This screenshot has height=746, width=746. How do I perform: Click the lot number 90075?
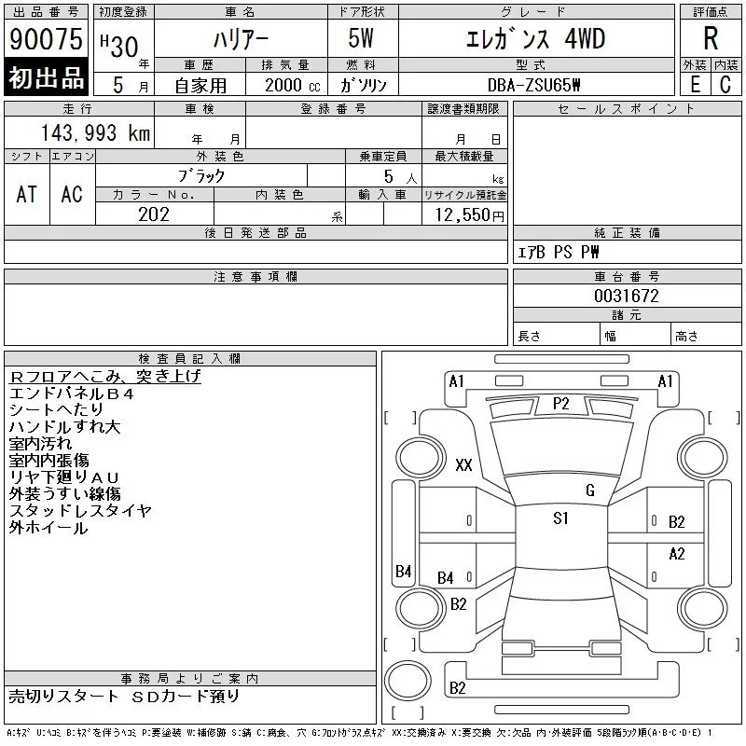point(46,39)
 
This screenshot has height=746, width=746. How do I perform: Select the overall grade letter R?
point(711,38)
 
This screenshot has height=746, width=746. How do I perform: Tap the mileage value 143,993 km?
point(95,133)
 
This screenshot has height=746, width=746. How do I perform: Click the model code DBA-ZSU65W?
point(533,85)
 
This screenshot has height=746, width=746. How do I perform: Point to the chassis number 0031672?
point(627,296)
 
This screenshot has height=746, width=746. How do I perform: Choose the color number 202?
point(154,214)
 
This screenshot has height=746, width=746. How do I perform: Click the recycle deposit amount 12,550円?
point(469,215)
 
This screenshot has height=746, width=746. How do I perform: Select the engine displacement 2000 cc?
point(292,86)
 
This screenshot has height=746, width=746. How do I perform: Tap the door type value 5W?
point(361,38)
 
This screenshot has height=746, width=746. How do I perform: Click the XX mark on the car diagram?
point(463,464)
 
